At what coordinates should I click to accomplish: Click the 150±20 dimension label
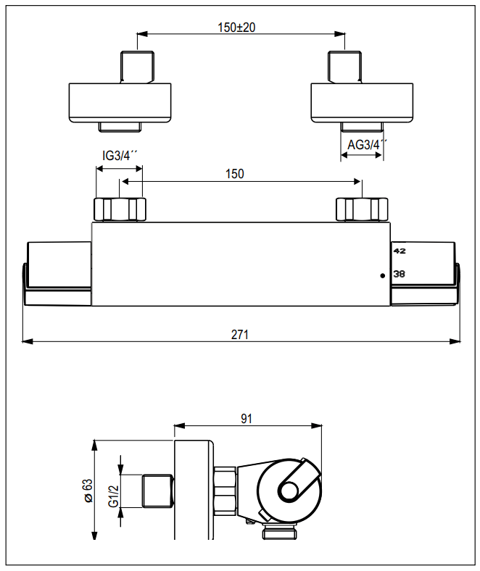tap(240, 28)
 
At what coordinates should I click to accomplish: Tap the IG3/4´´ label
tap(120, 156)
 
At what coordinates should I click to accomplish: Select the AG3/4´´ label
tap(367, 145)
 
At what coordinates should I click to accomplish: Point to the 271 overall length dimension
tap(240, 334)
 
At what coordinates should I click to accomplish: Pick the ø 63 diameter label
tap(88, 491)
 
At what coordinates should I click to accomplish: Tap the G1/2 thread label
tap(113, 496)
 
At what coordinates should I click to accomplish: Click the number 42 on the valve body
tap(399, 251)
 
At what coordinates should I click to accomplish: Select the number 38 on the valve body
tap(399, 274)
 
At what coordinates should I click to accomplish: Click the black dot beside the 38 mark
tap(382, 275)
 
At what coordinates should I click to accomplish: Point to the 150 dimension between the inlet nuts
tap(235, 174)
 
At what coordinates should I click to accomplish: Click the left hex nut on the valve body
tap(120, 209)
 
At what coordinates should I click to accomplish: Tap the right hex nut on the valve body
tap(361, 209)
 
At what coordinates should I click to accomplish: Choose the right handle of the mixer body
tap(425, 273)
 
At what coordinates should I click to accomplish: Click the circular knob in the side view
tap(289, 491)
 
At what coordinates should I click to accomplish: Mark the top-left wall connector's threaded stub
tap(137, 67)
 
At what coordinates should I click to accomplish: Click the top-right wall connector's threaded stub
tap(345, 67)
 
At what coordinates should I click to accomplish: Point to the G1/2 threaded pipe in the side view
tap(157, 490)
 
